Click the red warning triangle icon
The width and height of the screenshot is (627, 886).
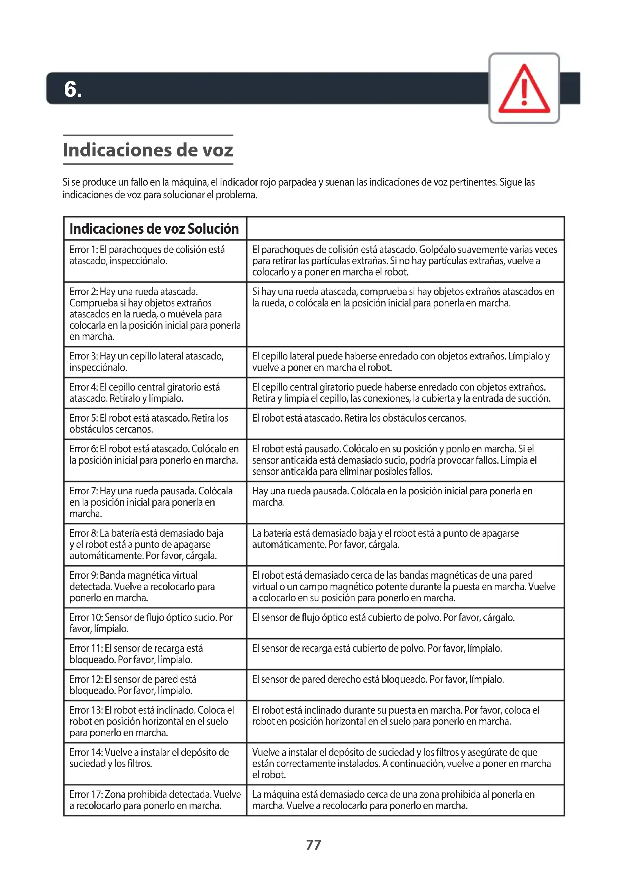524,89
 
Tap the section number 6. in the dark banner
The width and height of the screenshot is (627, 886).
72,89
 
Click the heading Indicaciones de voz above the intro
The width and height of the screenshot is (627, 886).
148,150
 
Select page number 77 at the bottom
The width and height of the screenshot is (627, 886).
313,845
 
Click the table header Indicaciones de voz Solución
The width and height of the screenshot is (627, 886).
154,229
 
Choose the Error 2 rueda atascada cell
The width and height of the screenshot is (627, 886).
154,314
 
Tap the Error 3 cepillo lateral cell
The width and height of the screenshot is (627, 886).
154,362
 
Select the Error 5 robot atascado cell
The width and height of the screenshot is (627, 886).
154,424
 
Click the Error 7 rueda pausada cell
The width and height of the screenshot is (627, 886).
154,502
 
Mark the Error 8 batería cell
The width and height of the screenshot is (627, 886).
154,544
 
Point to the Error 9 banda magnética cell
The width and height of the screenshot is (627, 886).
154,586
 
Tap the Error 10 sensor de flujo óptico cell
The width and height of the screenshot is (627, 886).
154,623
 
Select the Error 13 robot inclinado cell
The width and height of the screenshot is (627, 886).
154,721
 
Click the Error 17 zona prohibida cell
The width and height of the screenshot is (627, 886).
154,800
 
